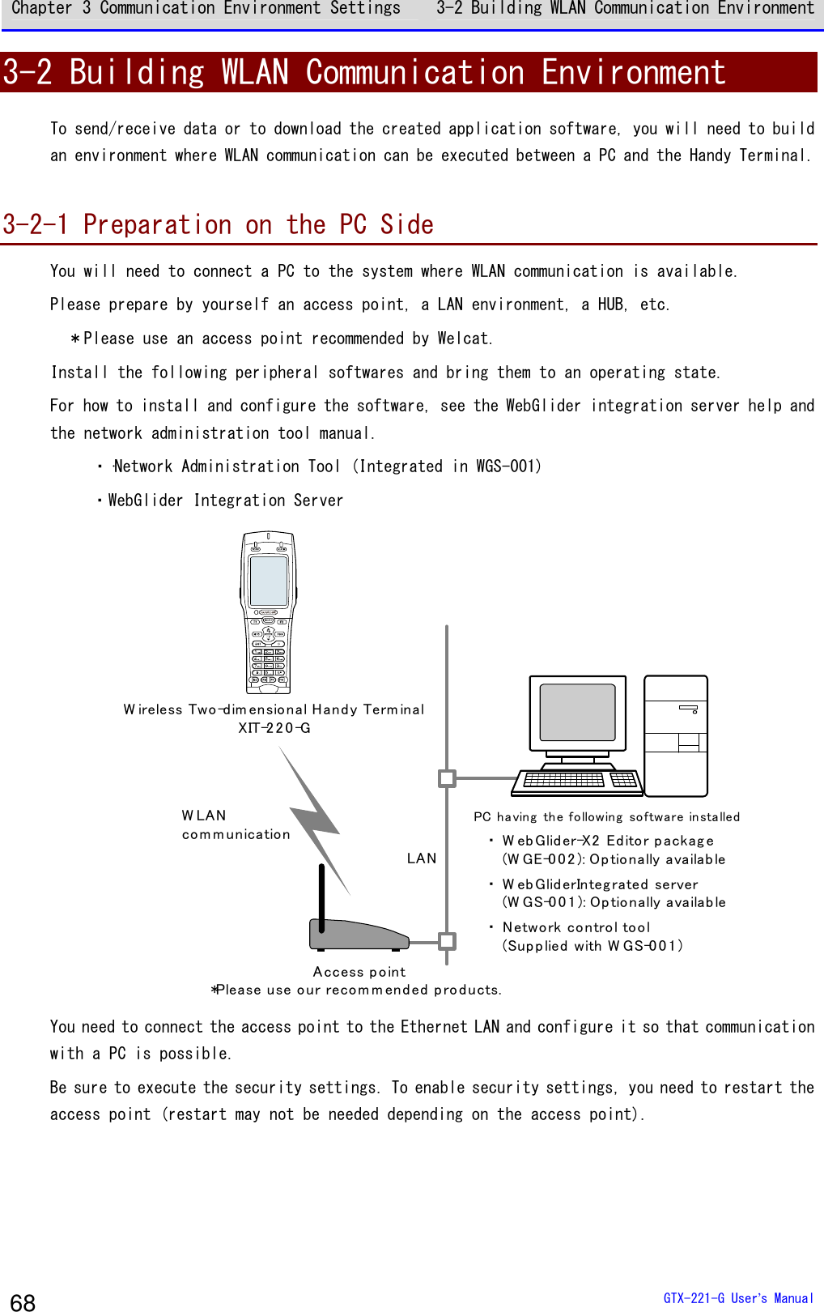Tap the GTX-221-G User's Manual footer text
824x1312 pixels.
coord(737,1298)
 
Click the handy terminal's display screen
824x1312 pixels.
coord(269,581)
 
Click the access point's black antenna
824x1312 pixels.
coord(321,897)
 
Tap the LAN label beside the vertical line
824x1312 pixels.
coord(422,858)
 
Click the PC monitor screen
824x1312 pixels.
coord(577,712)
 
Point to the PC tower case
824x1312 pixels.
coord(676,735)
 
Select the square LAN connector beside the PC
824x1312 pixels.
coord(447,778)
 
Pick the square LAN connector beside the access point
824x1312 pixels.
coord(447,941)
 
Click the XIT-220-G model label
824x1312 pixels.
coord(274,728)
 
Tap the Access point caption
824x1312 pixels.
coord(359,972)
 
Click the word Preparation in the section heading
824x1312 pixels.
coord(157,224)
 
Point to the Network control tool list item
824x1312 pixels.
coord(576,927)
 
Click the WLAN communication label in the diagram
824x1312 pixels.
coord(235,824)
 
